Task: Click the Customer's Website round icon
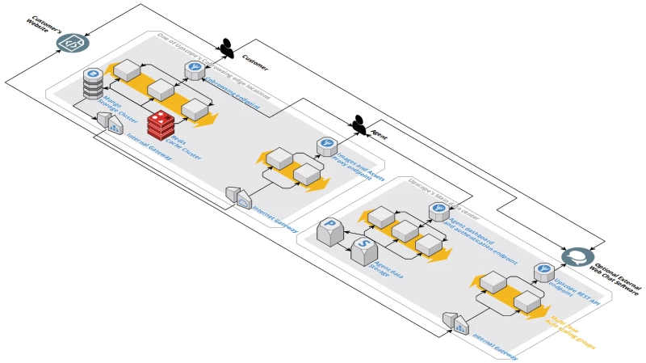(72, 42)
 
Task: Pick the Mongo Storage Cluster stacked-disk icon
(93, 85)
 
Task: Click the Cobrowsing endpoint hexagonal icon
(194, 70)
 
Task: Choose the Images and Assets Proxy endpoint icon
(328, 146)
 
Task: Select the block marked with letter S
(363, 249)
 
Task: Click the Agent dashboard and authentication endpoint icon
(438, 211)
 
